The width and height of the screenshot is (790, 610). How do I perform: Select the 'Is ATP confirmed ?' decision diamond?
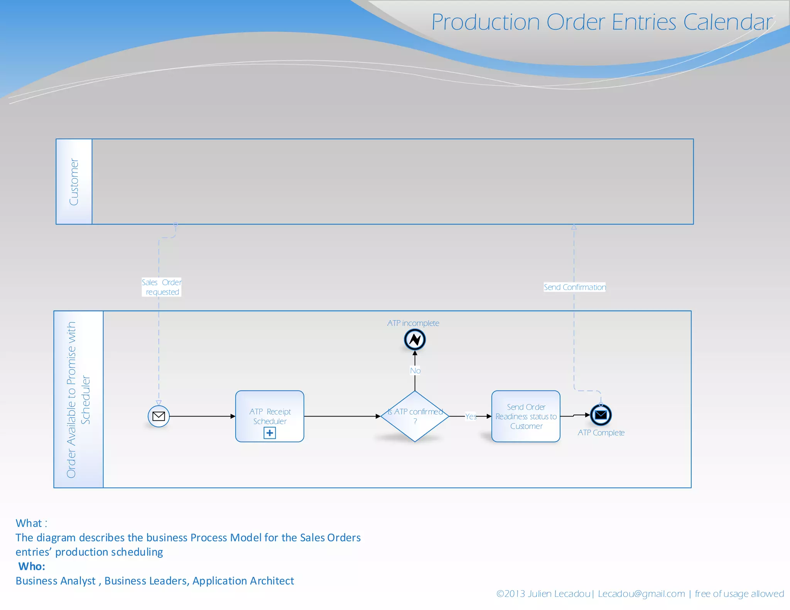tap(415, 416)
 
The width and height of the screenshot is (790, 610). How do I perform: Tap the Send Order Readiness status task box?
tap(526, 416)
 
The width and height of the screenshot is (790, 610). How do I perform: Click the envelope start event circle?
tap(159, 416)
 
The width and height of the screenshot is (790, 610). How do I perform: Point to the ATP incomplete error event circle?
tap(415, 340)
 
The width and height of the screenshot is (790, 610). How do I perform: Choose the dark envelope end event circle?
tap(601, 415)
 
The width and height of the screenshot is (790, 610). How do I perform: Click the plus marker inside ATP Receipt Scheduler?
tap(270, 433)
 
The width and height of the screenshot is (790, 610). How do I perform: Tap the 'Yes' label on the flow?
tap(471, 416)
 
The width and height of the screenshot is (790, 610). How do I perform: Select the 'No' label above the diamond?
tap(415, 371)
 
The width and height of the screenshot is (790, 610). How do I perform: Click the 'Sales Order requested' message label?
tap(162, 287)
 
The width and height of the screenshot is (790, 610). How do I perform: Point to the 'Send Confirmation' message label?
tap(574, 287)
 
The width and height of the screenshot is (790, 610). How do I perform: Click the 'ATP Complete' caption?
tap(601, 433)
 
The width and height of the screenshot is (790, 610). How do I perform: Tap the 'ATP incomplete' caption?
tap(413, 323)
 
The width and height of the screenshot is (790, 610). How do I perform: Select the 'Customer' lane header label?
tap(74, 182)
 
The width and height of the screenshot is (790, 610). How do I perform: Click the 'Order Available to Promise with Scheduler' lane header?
tap(78, 399)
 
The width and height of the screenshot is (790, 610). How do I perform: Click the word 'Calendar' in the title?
tap(728, 22)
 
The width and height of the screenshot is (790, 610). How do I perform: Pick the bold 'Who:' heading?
tap(32, 566)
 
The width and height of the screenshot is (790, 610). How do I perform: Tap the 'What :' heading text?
tap(31, 523)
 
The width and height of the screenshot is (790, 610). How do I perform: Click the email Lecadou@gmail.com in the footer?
tap(641, 594)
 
